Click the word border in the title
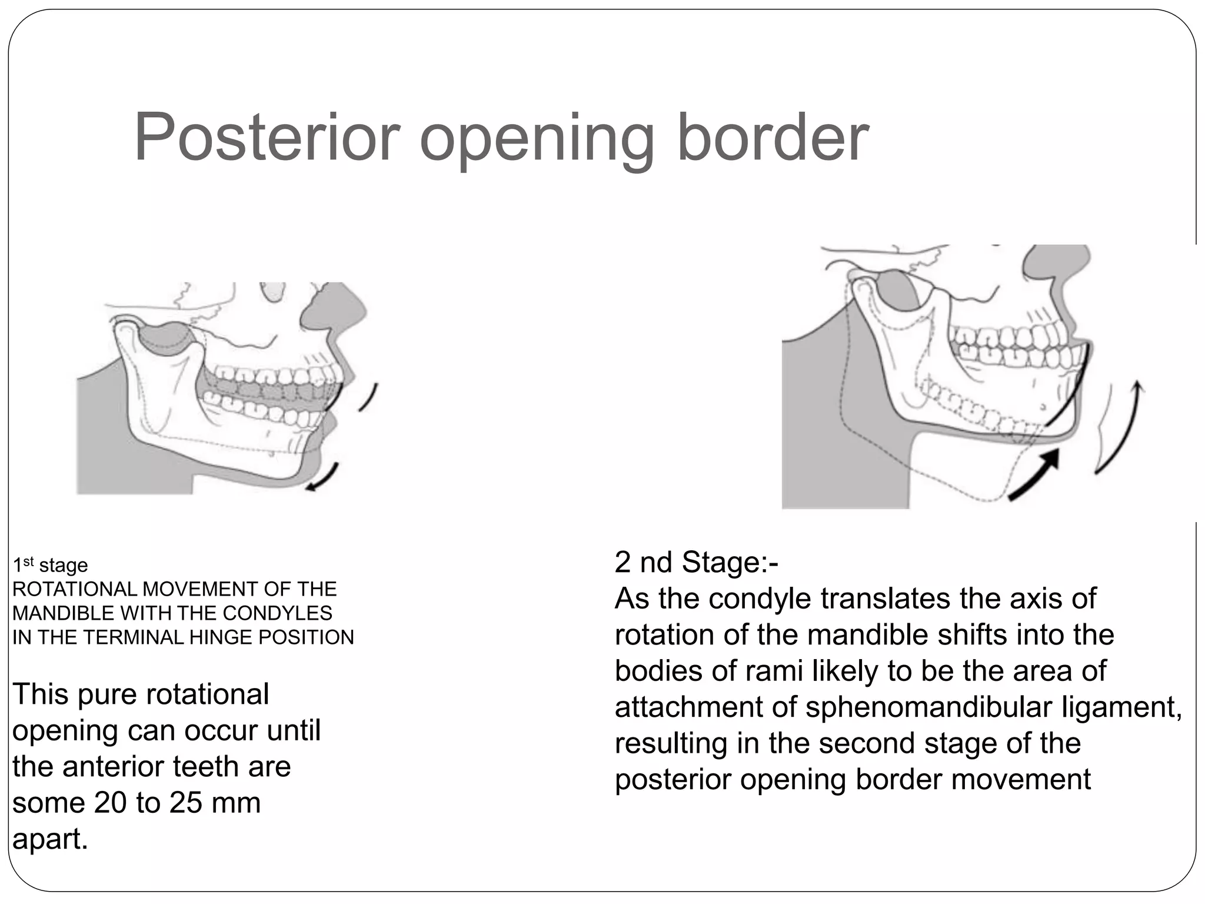tap(773, 138)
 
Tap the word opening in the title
tap(537, 141)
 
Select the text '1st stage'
tap(51, 565)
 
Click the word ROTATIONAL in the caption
tap(75, 589)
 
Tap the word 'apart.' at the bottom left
tap(50, 839)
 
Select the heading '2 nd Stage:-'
tap(696, 562)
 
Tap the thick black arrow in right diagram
tap(1036, 474)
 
